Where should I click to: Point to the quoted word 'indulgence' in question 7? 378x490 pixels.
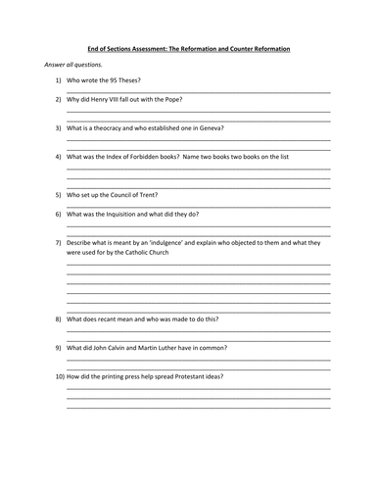pos(177,242)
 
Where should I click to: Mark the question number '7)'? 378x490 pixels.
pos(58,242)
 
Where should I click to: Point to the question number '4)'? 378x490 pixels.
pos(58,156)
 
